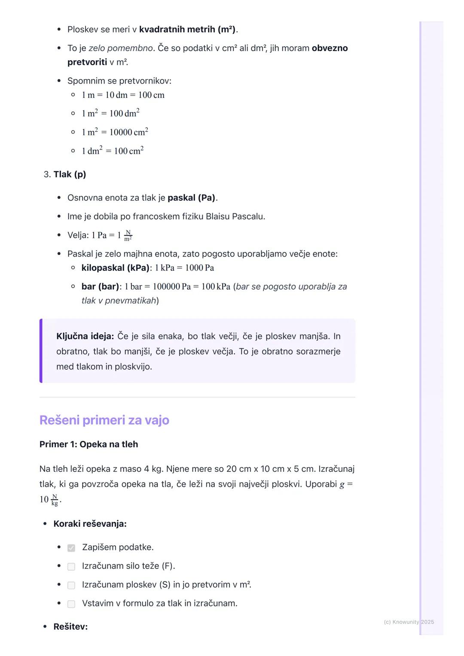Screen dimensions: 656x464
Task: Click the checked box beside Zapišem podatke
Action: pos(71,548)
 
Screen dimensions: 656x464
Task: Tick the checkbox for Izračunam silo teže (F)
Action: pos(71,567)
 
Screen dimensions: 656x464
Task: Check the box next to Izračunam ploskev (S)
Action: pos(71,585)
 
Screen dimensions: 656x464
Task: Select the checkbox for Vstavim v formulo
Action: pos(71,604)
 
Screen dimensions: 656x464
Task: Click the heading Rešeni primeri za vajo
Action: pos(104,420)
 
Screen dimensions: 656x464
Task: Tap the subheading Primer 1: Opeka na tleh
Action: pos(89,444)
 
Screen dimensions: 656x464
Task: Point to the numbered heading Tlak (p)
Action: pos(70,174)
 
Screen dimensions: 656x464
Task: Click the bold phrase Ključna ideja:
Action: pos(85,336)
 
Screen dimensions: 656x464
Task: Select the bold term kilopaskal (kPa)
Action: pos(115,268)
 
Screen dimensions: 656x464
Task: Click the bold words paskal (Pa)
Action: pos(192,198)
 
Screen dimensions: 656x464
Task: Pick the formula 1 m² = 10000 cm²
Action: pos(115,132)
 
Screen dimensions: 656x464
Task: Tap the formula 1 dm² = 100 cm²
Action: pos(113,151)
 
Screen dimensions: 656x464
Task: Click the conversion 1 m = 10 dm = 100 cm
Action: pos(123,95)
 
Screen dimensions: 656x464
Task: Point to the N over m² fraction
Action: pos(128,235)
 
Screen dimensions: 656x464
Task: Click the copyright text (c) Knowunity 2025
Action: pos(409,622)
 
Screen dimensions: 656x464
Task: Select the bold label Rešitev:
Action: pos(70,627)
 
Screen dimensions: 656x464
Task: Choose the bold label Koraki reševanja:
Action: pos(90,524)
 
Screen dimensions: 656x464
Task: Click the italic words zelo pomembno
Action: pos(121,48)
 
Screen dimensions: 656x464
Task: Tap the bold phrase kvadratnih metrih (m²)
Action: pos(187,30)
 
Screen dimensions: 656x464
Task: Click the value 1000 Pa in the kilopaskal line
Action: pos(199,268)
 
